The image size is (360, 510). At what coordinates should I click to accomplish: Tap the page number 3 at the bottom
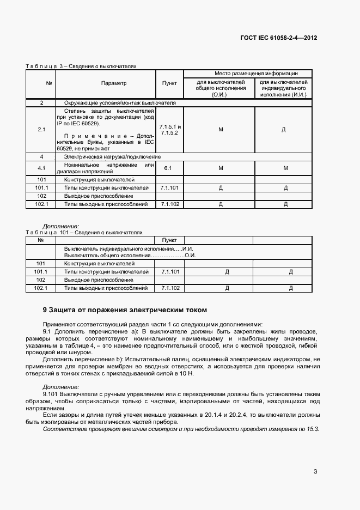click(315, 472)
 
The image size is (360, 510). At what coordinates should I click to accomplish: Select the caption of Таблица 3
click(81, 66)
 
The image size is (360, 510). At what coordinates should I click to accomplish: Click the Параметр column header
click(113, 83)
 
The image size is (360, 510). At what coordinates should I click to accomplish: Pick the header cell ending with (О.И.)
click(221, 88)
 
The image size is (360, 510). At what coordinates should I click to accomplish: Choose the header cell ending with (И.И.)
click(283, 88)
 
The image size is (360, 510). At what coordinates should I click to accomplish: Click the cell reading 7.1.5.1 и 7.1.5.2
click(170, 130)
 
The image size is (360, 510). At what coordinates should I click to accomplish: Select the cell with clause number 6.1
click(168, 168)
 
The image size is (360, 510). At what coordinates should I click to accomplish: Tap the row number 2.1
click(41, 130)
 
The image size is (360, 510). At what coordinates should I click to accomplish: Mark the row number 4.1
click(41, 168)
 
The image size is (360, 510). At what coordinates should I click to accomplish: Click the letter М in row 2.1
click(221, 130)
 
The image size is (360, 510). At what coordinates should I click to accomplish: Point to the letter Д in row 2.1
click(284, 130)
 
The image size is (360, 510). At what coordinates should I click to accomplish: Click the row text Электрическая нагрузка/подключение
click(108, 156)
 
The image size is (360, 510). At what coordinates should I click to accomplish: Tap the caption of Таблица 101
click(84, 232)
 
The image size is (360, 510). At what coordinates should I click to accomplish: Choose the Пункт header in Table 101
click(170, 240)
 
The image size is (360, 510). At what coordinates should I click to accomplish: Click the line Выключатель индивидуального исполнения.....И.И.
click(130, 248)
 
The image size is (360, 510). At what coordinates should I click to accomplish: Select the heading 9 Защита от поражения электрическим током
click(125, 309)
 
